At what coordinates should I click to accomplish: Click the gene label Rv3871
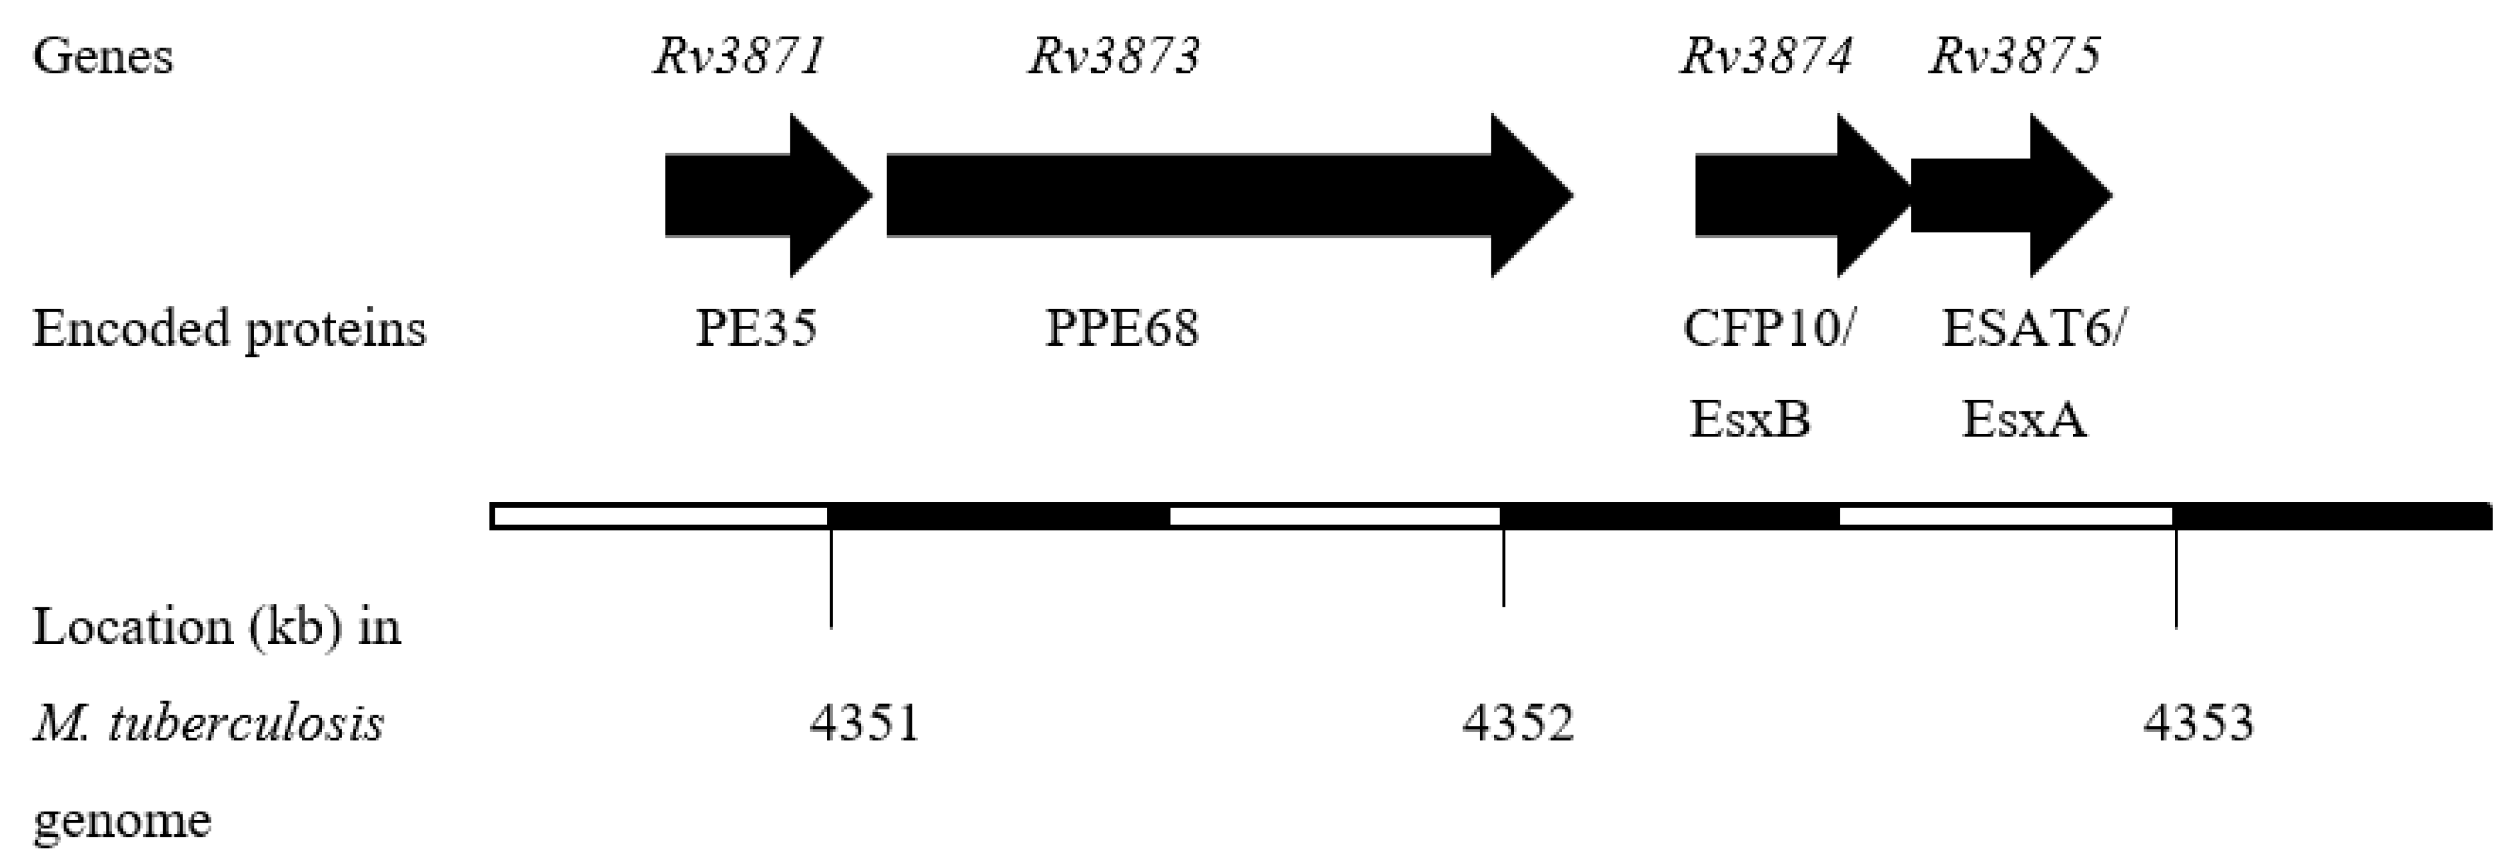pyautogui.click(x=739, y=57)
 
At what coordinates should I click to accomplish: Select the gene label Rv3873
pyautogui.click(x=1114, y=57)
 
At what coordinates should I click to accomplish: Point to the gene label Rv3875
pyautogui.click(x=2014, y=57)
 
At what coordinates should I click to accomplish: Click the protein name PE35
pyautogui.click(x=755, y=328)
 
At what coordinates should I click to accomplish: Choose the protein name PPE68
pyautogui.click(x=1122, y=328)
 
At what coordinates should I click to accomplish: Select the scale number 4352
pyautogui.click(x=1517, y=723)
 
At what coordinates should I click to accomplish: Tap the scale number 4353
pyautogui.click(x=2198, y=723)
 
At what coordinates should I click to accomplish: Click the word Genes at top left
pyautogui.click(x=103, y=57)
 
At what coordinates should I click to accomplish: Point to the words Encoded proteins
pyautogui.click(x=229, y=328)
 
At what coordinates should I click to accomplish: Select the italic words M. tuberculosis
pyautogui.click(x=209, y=723)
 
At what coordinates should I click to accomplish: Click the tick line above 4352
pyautogui.click(x=1504, y=569)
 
